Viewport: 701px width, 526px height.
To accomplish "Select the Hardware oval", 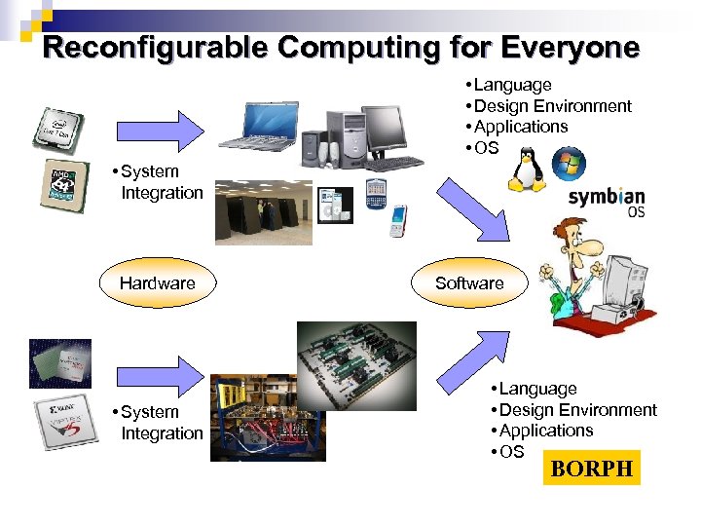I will point(157,283).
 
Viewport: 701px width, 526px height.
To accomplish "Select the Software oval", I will point(469,283).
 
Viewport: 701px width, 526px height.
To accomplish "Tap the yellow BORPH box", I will point(591,469).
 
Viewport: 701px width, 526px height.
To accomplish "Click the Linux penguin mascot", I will point(526,169).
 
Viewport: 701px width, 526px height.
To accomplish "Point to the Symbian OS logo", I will point(606,202).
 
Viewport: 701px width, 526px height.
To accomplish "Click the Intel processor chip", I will point(59,130).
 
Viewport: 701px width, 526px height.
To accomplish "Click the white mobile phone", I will point(397,221).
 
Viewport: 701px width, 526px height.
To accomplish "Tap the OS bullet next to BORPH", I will point(509,452).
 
